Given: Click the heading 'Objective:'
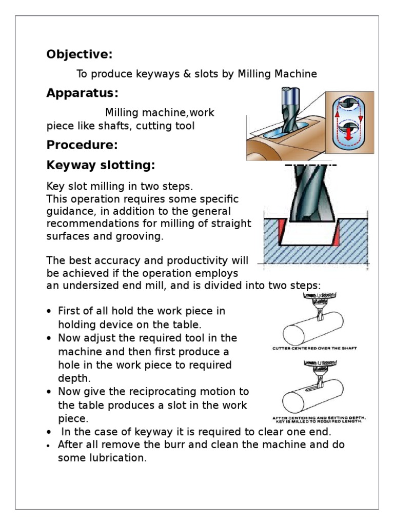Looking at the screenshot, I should click(x=79, y=54).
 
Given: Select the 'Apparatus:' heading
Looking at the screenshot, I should click(x=82, y=93).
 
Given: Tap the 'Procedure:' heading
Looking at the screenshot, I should click(x=82, y=145).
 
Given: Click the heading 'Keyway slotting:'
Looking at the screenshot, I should click(x=101, y=166).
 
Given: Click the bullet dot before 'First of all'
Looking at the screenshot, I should click(x=49, y=312).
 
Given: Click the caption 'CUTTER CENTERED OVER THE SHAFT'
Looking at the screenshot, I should click(x=314, y=349).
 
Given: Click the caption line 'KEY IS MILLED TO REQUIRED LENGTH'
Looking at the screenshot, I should click(x=319, y=422).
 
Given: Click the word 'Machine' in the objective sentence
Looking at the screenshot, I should click(x=297, y=74).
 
